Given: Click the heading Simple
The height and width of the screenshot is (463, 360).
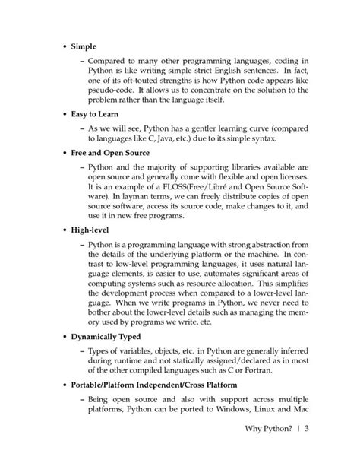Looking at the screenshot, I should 84,46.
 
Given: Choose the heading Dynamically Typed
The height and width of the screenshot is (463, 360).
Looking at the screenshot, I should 111,337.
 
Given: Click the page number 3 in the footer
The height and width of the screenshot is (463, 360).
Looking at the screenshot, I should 308,428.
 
